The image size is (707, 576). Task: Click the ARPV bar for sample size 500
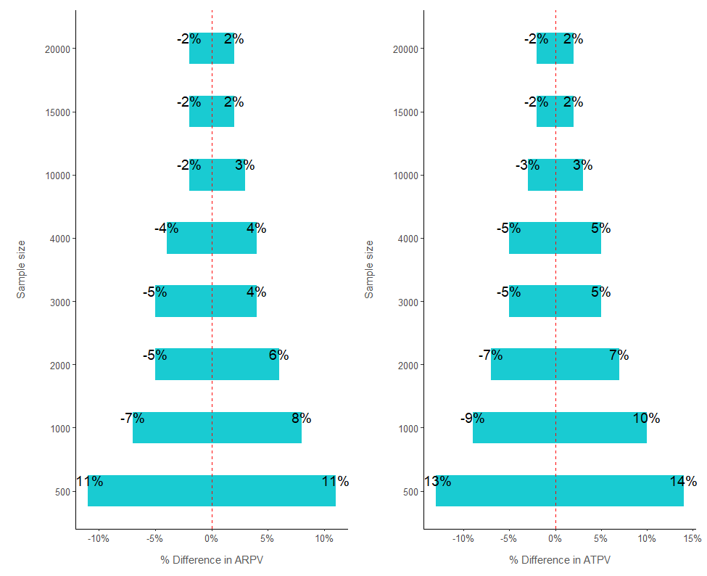coord(212,491)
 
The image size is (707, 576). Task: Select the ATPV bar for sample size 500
coord(559,491)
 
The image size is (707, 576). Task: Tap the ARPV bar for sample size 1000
coord(217,428)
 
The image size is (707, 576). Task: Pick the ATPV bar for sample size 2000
coord(555,364)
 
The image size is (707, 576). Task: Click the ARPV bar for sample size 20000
coord(212,49)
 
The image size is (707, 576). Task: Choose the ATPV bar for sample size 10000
coord(555,175)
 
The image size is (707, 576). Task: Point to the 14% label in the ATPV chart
coord(683,482)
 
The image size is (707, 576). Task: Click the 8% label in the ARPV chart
coord(301,419)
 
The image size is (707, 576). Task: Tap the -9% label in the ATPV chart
coord(472,419)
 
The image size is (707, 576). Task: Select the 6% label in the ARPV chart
coord(278,355)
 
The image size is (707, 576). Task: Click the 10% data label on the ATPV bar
coord(646,419)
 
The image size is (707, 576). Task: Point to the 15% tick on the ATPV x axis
coord(692,539)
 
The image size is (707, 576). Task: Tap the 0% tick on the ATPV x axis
coord(555,539)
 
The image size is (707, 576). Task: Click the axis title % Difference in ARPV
coord(212,560)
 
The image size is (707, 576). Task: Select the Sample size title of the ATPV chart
coord(370,269)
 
